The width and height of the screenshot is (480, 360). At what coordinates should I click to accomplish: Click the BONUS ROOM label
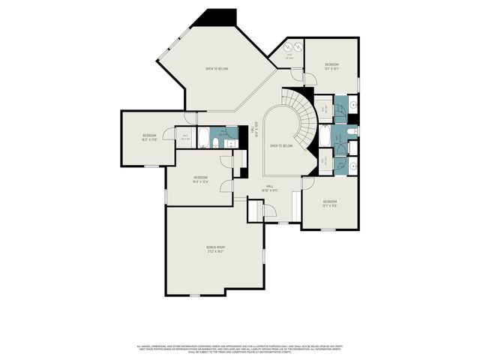(x=216, y=249)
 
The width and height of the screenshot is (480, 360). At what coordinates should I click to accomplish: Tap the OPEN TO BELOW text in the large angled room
(x=217, y=69)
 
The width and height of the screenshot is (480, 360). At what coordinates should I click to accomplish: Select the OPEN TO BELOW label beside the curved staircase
(x=280, y=145)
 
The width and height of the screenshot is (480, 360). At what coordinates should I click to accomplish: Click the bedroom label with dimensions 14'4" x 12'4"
(x=199, y=179)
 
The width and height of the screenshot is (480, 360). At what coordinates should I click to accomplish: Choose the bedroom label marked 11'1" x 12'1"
(x=332, y=67)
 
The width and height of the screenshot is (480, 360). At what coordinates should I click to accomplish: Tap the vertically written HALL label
(x=256, y=127)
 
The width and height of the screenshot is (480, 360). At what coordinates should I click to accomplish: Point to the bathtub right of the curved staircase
(x=325, y=136)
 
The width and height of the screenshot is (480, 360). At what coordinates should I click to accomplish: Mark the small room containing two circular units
(x=292, y=51)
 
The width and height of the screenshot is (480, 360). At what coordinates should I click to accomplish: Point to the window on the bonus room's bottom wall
(x=195, y=295)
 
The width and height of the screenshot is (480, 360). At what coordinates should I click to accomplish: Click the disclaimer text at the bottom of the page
(x=240, y=348)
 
